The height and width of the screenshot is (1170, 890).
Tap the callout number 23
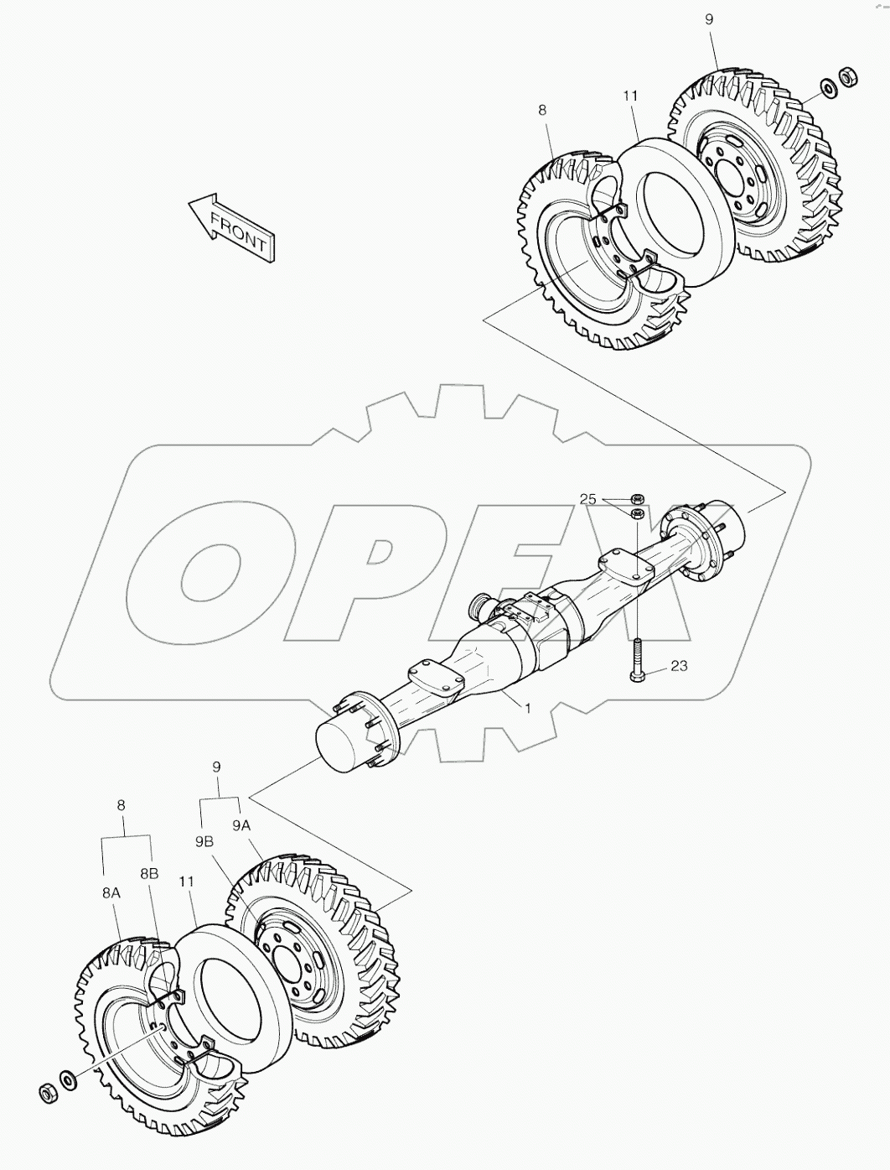click(679, 666)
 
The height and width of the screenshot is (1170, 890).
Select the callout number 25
click(588, 500)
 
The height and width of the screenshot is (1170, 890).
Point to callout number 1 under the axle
click(527, 708)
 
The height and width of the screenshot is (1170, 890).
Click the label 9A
click(241, 825)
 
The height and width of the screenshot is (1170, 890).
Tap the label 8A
click(111, 894)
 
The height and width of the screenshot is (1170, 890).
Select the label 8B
click(148, 873)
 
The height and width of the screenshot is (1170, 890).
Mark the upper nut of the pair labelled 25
click(637, 499)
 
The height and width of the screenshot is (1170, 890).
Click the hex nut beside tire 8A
click(48, 1093)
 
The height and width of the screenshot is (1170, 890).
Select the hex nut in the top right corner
click(846, 76)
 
